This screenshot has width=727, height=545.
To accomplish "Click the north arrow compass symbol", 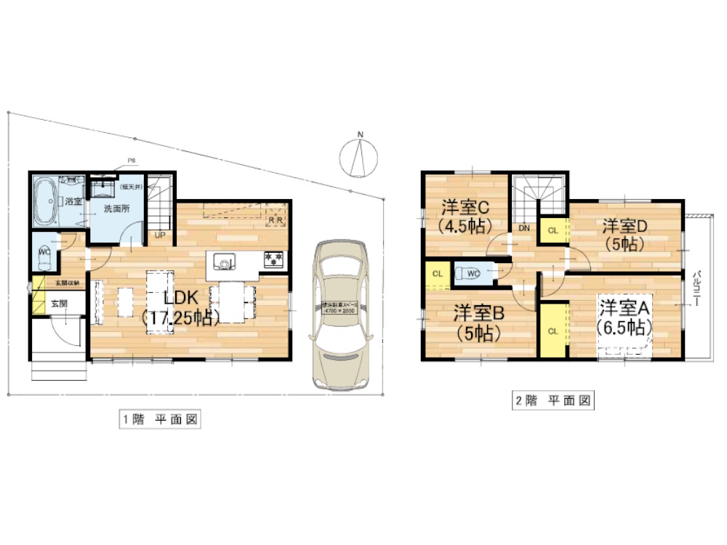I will click(359, 155).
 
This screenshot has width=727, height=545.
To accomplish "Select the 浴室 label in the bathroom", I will click(72, 201).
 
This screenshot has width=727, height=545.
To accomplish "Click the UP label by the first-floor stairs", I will click(159, 235).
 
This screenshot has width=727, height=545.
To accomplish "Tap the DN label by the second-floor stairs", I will click(524, 227).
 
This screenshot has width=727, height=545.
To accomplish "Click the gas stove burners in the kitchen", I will click(274, 258).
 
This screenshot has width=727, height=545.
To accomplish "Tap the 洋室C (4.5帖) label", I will click(465, 214).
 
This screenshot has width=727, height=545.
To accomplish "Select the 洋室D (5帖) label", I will click(624, 235).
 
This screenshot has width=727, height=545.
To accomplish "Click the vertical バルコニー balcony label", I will click(698, 287).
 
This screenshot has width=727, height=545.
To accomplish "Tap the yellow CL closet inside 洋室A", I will click(553, 330).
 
